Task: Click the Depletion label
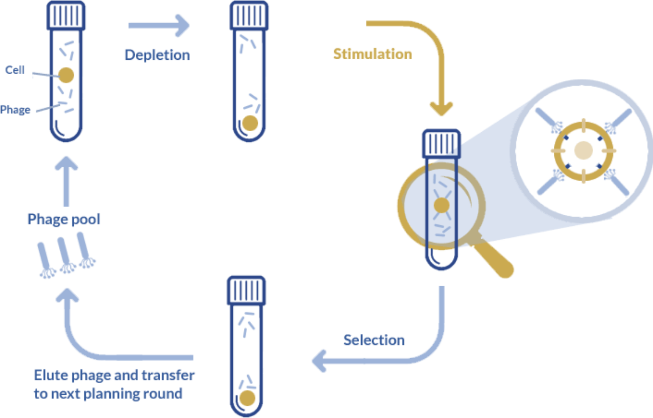pyautogui.click(x=157, y=55)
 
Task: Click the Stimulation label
pyautogui.click(x=372, y=54)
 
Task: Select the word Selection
pyautogui.click(x=374, y=340)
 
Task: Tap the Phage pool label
pyautogui.click(x=64, y=219)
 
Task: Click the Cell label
pyautogui.click(x=15, y=69)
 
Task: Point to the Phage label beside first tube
pyautogui.click(x=16, y=110)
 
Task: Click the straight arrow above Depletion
pyautogui.click(x=159, y=26)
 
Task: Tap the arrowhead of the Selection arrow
pyautogui.click(x=319, y=361)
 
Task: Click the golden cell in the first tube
pyautogui.click(x=66, y=75)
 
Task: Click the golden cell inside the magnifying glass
pyautogui.click(x=441, y=205)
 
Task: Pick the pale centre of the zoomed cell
pyautogui.click(x=583, y=150)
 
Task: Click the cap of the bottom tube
pyautogui.click(x=246, y=290)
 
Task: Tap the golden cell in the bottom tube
pyautogui.click(x=247, y=399)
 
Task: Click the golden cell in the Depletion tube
pyautogui.click(x=250, y=123)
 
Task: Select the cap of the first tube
pyautogui.click(x=66, y=15)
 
